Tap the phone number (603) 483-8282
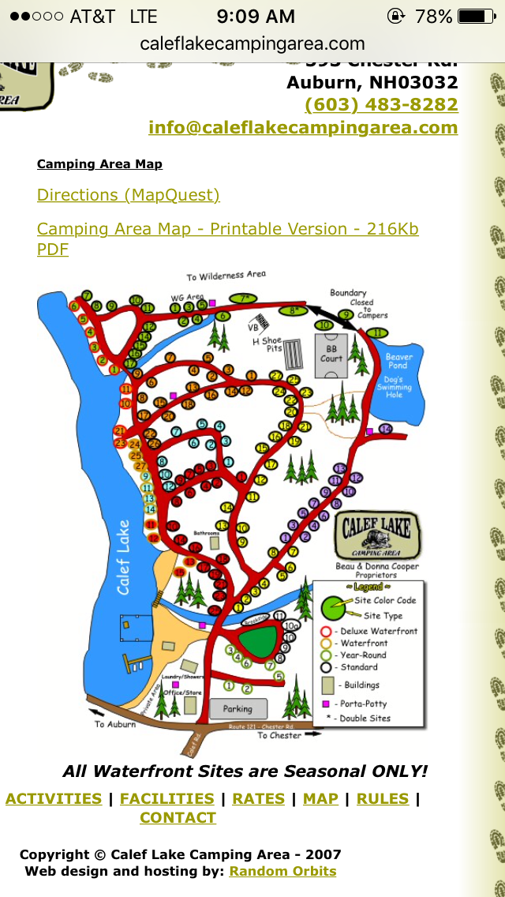[x=381, y=105]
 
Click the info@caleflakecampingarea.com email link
[x=303, y=128]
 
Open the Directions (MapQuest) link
[x=129, y=195]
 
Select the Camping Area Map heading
[x=99, y=164]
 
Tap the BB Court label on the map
[x=331, y=353]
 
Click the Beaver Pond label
[x=398, y=361]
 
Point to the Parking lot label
[x=238, y=708]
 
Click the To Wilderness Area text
[x=226, y=276]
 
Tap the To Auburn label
[x=115, y=724]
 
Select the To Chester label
[x=279, y=735]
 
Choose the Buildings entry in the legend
[x=360, y=685]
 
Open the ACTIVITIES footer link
[x=54, y=798]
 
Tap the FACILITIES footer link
[x=167, y=798]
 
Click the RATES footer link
[x=258, y=798]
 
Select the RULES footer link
[x=383, y=798]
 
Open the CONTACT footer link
[x=178, y=818]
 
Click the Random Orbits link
[x=282, y=871]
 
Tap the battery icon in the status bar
[x=476, y=16]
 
